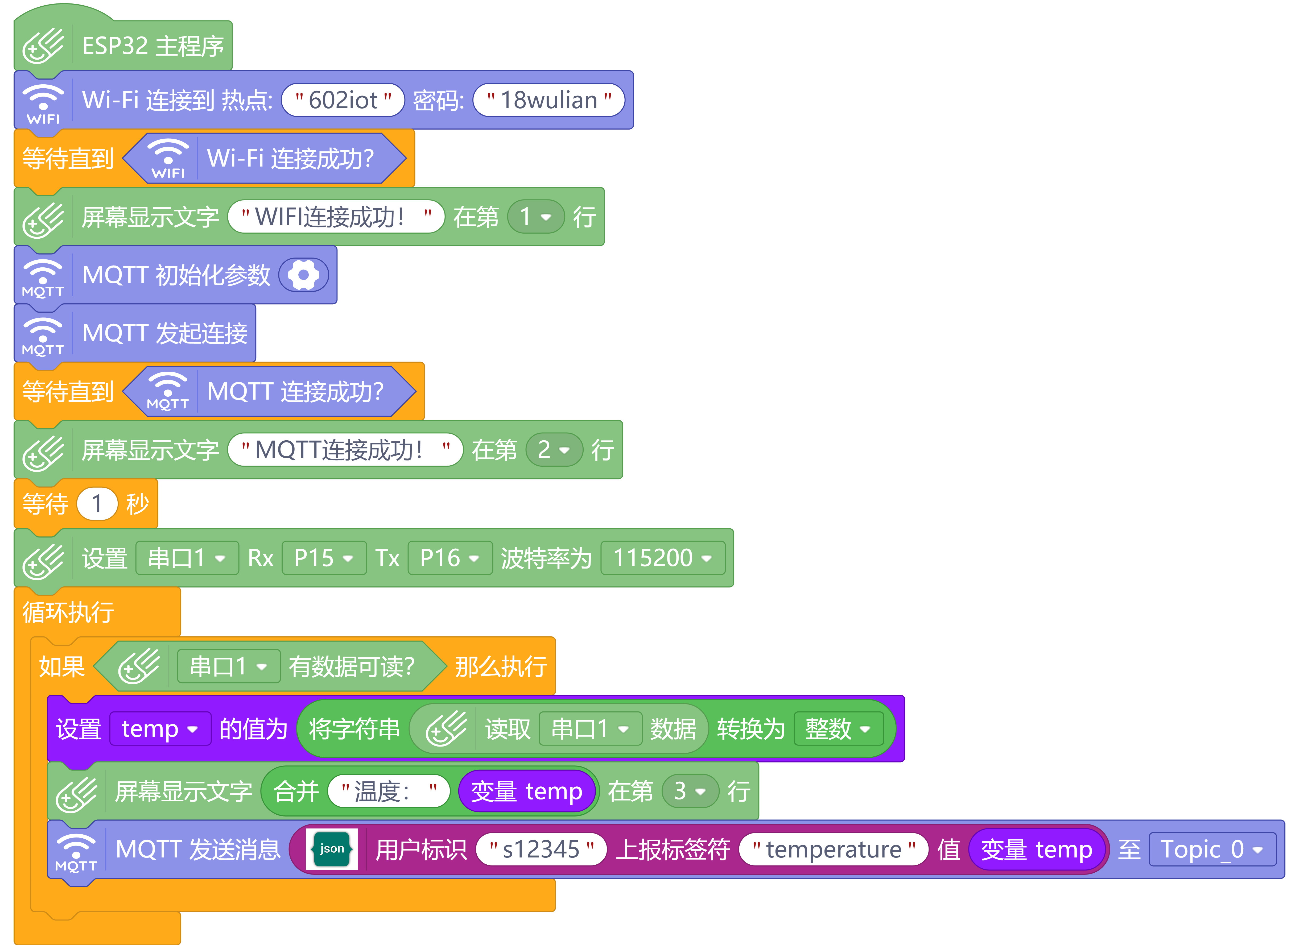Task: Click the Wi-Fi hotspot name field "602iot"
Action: (x=343, y=100)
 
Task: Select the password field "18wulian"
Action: (x=549, y=100)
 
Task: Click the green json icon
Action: (x=332, y=849)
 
